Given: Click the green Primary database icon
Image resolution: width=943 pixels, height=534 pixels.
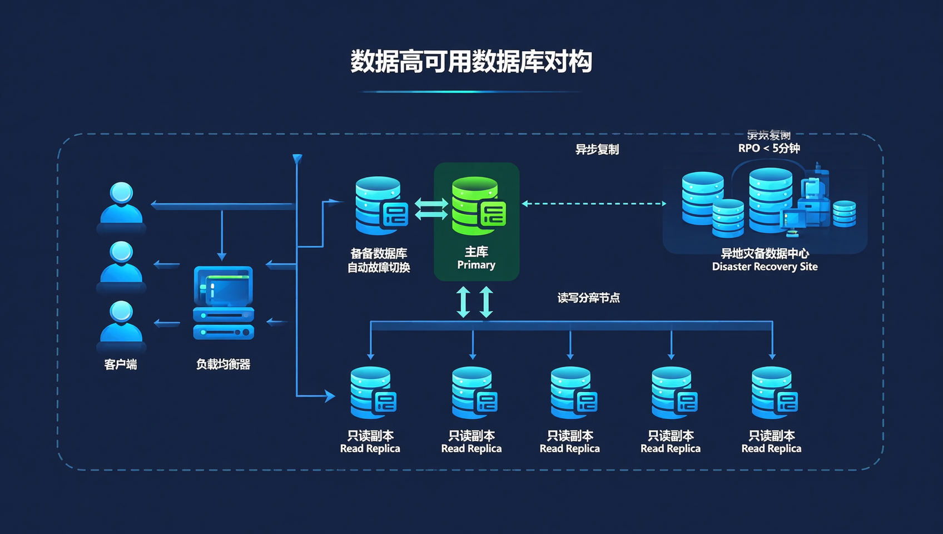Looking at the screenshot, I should [477, 206].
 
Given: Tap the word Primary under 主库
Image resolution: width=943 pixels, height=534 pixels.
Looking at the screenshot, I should [476, 265].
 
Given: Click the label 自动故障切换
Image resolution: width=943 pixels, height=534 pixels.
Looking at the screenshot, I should [379, 268].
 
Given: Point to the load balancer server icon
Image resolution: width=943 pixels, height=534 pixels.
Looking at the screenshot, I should [224, 303].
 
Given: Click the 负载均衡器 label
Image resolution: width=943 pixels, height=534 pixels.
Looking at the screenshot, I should [223, 364].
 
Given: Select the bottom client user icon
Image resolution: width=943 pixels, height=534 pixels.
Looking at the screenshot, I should [121, 323].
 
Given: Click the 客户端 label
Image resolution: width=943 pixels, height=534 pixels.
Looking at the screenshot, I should [121, 364].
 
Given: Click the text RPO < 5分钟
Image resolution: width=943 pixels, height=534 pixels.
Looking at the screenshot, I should [769, 148].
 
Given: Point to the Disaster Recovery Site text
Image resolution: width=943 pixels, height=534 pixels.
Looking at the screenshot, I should [765, 267].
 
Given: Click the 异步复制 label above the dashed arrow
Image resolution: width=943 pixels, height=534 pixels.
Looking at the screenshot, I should [597, 149].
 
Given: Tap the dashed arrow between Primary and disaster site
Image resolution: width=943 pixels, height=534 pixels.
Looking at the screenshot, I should [594, 204].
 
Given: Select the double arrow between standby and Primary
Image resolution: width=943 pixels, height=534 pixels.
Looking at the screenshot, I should [431, 209].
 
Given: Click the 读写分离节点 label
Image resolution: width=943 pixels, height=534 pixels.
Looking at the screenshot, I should [588, 298].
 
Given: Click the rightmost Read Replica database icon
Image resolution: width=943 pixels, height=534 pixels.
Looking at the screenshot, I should [773, 393].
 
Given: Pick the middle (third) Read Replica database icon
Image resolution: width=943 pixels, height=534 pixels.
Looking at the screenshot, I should [572, 393].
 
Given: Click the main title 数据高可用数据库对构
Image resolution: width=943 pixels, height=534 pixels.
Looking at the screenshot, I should [471, 61].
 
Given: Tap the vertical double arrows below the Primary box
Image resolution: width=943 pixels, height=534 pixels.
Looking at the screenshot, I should [474, 302].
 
